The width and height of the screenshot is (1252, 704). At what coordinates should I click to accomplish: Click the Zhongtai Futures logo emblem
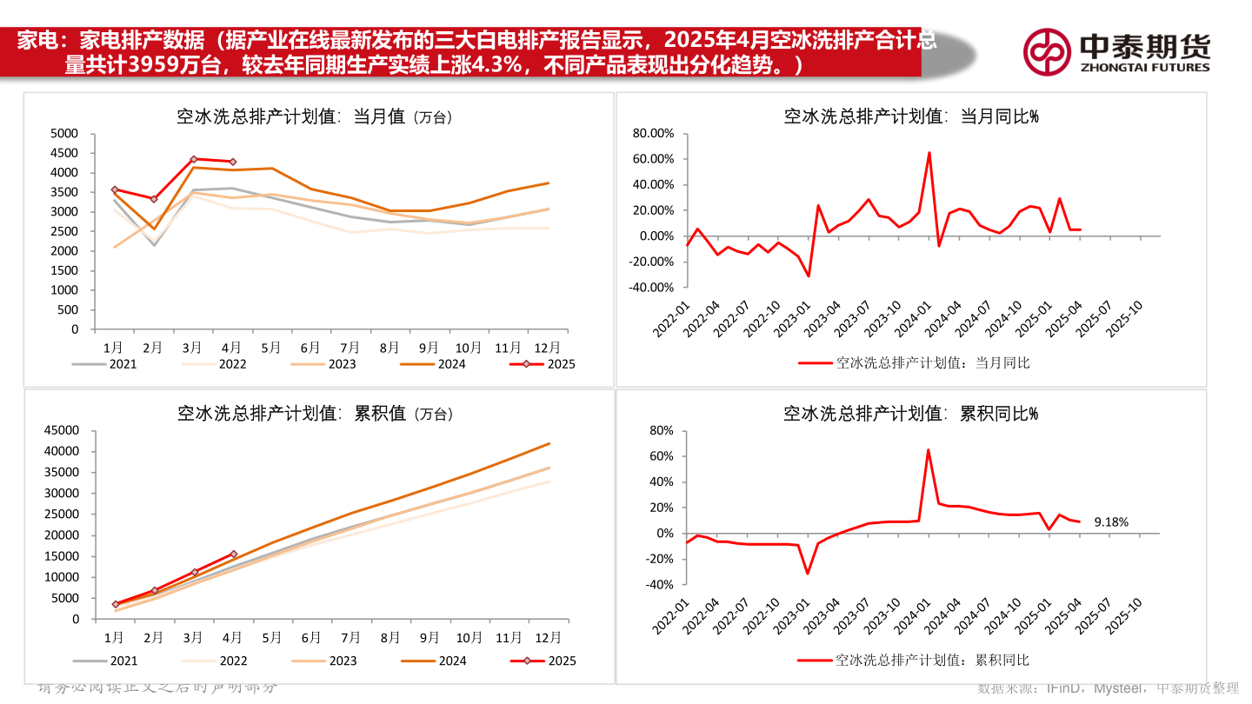click(x=1046, y=51)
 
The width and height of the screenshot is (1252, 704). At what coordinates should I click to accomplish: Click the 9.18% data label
click(x=1110, y=522)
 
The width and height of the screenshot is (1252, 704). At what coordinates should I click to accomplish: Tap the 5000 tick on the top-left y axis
click(x=64, y=133)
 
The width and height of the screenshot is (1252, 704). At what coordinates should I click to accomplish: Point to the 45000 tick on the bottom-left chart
click(x=61, y=430)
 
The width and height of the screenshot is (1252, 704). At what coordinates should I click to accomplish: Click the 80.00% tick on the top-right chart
click(x=653, y=133)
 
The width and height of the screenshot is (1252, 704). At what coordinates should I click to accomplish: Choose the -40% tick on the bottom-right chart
click(x=660, y=584)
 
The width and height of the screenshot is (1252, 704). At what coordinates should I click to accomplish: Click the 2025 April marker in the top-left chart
click(x=232, y=162)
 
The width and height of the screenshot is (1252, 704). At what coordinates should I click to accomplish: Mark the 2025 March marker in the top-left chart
click(x=193, y=159)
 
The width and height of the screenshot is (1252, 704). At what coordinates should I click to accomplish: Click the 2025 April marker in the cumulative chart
click(x=232, y=554)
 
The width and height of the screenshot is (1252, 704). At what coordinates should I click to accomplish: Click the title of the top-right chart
click(x=910, y=116)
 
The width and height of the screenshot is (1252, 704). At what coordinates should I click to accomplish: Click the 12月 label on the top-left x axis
click(x=547, y=347)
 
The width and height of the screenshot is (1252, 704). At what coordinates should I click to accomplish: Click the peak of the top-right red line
click(x=929, y=153)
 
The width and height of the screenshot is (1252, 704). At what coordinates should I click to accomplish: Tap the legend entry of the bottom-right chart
click(x=912, y=661)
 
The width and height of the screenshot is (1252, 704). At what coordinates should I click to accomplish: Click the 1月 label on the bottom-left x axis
click(x=114, y=637)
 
